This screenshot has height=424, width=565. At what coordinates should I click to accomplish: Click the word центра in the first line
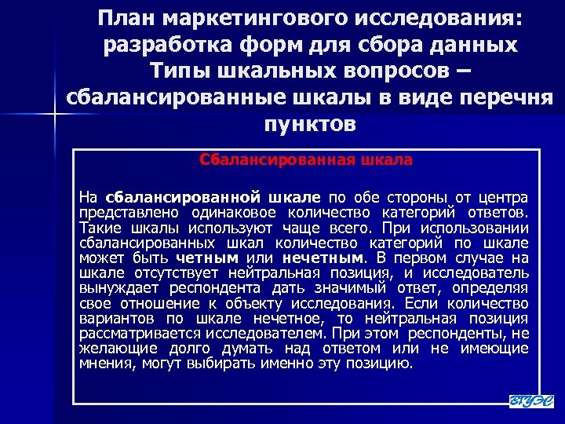tap(505, 196)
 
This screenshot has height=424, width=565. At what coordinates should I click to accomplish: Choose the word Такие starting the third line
tap(97, 227)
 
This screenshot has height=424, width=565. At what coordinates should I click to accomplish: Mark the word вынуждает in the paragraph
tap(111, 287)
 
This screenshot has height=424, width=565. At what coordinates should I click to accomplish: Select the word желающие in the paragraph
tap(109, 349)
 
